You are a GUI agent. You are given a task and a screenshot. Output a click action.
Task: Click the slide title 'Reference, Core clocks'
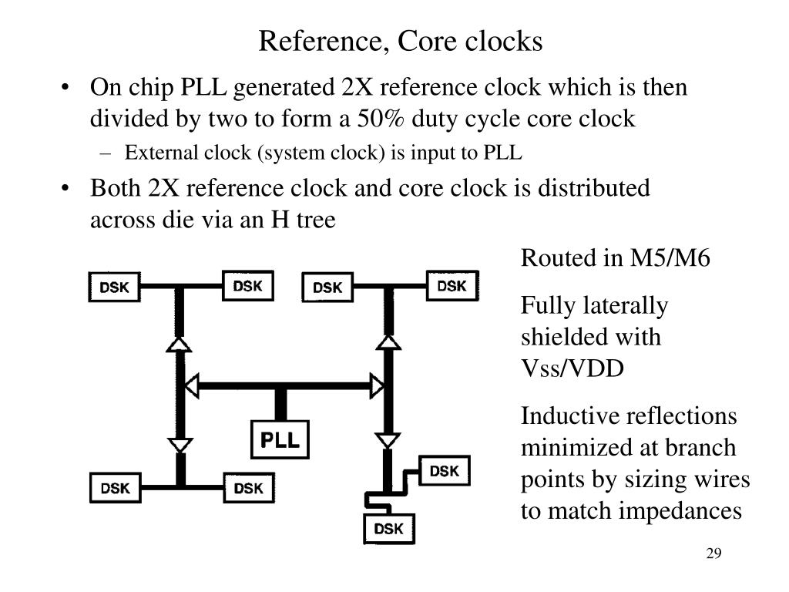400,41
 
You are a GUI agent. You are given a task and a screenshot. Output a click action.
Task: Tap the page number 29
712,555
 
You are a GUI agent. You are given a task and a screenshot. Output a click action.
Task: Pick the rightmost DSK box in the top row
452,286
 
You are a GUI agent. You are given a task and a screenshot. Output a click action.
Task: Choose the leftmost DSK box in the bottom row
116,488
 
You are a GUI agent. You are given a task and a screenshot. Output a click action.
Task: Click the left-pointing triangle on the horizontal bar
192,383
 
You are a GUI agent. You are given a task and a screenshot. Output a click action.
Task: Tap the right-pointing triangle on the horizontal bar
377,383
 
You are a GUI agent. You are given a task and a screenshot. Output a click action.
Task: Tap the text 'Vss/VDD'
572,368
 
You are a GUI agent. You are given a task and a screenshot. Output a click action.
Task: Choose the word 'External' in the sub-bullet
157,153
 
